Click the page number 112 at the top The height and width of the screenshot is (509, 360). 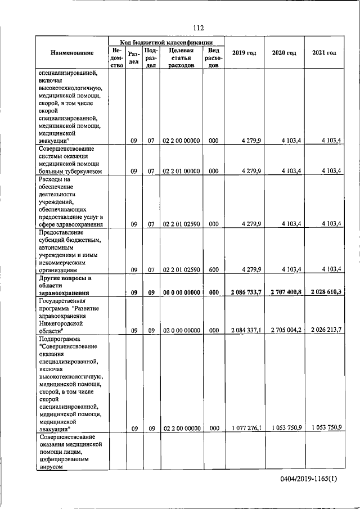pyautogui.click(x=197, y=28)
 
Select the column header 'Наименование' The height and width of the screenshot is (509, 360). pyautogui.click(x=72, y=53)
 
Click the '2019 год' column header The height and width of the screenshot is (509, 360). pyautogui.click(x=244, y=53)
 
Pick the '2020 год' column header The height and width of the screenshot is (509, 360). pyautogui.click(x=284, y=53)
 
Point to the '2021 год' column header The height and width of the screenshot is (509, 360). pyautogui.click(x=324, y=53)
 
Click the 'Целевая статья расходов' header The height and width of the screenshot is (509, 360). pyautogui.click(x=181, y=57)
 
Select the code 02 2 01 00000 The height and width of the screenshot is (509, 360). pyautogui.click(x=181, y=171)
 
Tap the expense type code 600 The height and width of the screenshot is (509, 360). pyautogui.click(x=213, y=269)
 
